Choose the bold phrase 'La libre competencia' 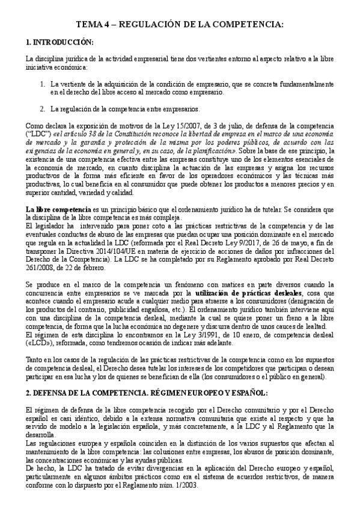click(x=50, y=192)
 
